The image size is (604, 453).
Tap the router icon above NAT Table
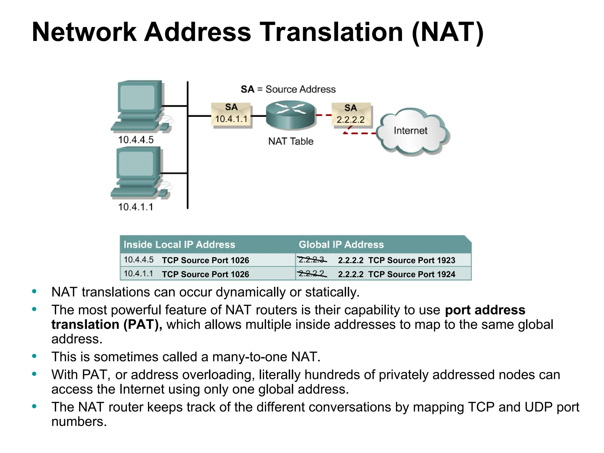click(x=290, y=115)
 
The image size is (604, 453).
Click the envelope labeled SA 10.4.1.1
click(x=231, y=115)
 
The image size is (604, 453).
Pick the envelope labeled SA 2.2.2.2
click(x=351, y=115)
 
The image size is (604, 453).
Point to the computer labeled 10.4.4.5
click(x=139, y=106)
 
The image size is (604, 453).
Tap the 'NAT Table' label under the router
click(x=290, y=141)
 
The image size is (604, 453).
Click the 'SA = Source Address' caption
click(x=288, y=89)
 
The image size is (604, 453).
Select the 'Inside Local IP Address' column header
click(x=179, y=244)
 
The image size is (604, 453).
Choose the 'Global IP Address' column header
click(x=341, y=244)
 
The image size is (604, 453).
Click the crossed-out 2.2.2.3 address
click(x=311, y=260)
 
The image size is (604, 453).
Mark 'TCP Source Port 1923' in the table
click(x=411, y=260)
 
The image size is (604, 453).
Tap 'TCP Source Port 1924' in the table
click(x=411, y=274)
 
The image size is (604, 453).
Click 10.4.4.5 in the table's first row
click(x=139, y=260)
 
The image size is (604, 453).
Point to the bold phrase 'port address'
click(x=485, y=310)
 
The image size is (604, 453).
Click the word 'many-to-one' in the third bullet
click(x=250, y=357)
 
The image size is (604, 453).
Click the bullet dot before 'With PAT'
click(x=34, y=374)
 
